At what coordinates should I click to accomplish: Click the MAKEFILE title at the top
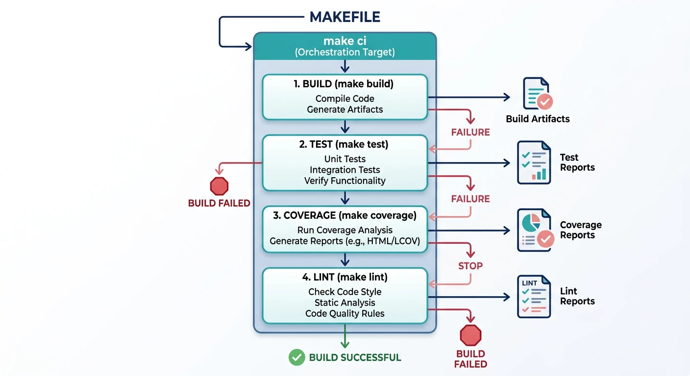345,17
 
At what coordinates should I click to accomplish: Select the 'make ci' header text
345,41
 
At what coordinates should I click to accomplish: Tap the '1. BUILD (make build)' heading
345,84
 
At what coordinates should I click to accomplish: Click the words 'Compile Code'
345,98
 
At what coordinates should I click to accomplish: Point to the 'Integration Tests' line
345,170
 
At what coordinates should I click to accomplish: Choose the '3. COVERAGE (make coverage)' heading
345,215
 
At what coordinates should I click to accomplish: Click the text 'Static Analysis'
345,303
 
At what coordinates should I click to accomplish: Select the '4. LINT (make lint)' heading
345,277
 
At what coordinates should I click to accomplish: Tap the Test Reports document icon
534,162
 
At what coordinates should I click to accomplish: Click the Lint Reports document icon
534,296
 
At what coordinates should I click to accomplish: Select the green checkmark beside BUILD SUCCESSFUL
296,357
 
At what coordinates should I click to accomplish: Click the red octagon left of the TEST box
219,187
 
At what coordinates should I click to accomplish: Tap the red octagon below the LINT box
470,336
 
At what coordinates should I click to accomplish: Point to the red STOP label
470,266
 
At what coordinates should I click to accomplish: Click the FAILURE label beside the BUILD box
470,132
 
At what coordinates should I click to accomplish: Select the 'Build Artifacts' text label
538,119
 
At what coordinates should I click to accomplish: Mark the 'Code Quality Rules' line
345,313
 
